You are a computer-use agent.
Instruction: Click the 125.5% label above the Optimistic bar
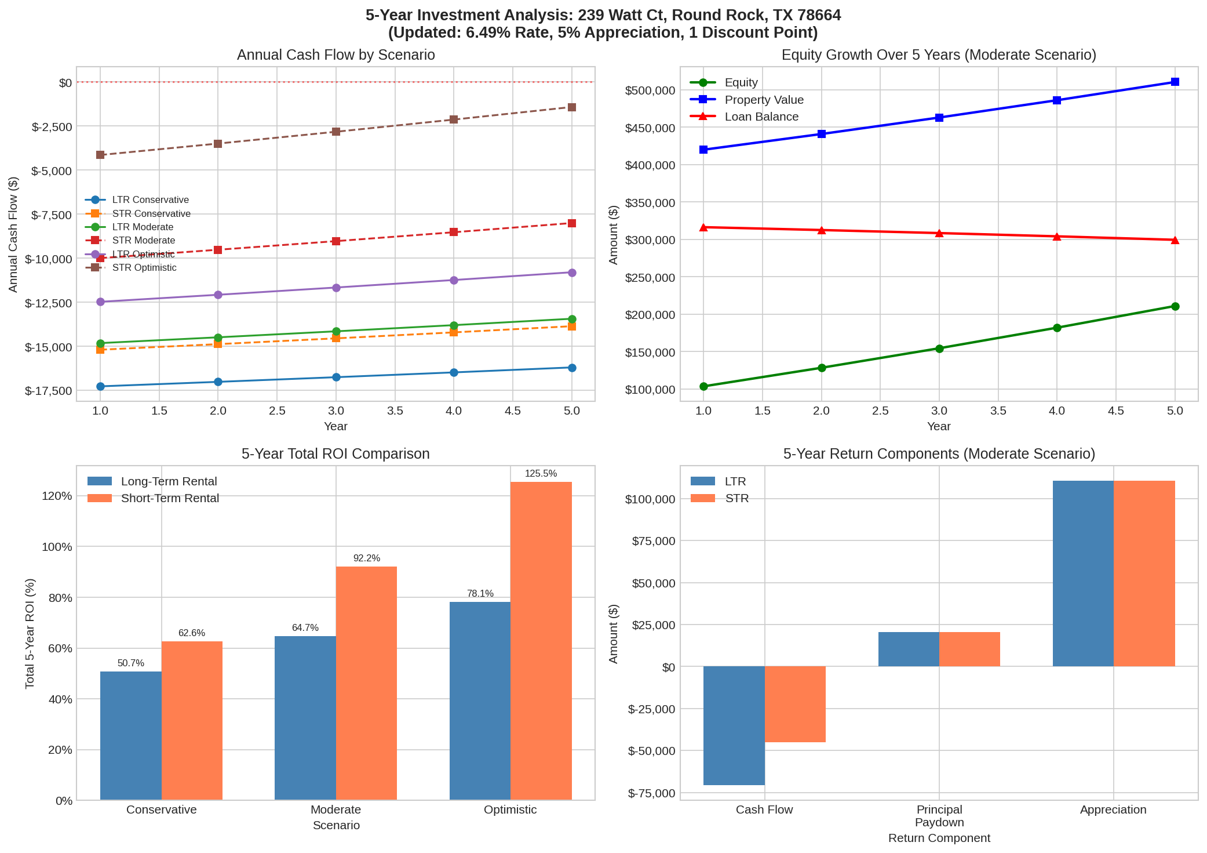coord(541,474)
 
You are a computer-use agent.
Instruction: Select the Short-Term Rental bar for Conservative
coord(192,720)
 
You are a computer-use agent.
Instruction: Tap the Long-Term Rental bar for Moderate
coord(305,718)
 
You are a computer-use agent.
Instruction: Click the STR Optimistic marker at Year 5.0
coord(572,107)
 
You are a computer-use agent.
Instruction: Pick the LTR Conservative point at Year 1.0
coord(100,386)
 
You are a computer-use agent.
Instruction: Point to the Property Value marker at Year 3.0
coord(939,118)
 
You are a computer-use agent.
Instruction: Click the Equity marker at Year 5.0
coord(1175,306)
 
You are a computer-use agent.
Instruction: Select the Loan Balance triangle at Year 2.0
coord(822,230)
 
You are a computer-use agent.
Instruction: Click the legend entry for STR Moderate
coord(143,241)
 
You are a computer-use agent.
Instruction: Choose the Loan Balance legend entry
coord(761,117)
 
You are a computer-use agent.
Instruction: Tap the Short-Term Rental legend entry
coord(170,498)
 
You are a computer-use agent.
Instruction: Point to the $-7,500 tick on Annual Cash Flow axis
coord(52,215)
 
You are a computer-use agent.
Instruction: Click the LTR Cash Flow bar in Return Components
coord(734,725)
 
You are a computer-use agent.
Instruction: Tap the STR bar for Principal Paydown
coord(969,649)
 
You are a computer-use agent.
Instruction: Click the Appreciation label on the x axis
coord(1113,810)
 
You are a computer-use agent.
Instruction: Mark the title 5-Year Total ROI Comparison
coord(336,453)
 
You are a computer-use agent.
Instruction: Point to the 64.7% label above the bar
coord(305,628)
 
